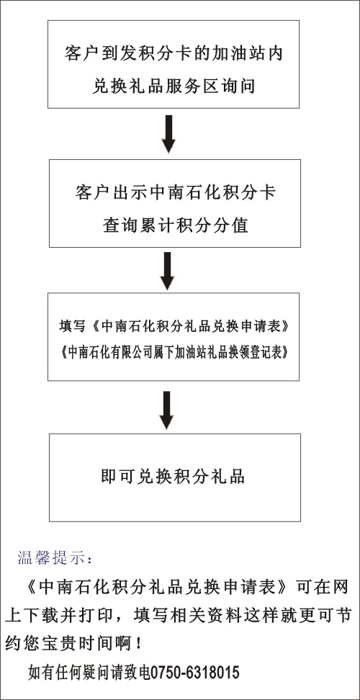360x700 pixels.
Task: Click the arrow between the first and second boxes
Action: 168,135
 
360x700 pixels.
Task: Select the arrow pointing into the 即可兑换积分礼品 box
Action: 166,410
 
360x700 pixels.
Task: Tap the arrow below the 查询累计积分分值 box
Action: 167,271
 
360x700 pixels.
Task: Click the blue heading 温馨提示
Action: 55,558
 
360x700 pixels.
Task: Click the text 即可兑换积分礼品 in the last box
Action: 174,476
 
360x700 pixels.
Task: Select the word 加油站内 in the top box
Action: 256,55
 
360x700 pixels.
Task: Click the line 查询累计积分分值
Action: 175,225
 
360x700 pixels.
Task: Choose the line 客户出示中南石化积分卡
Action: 175,193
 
